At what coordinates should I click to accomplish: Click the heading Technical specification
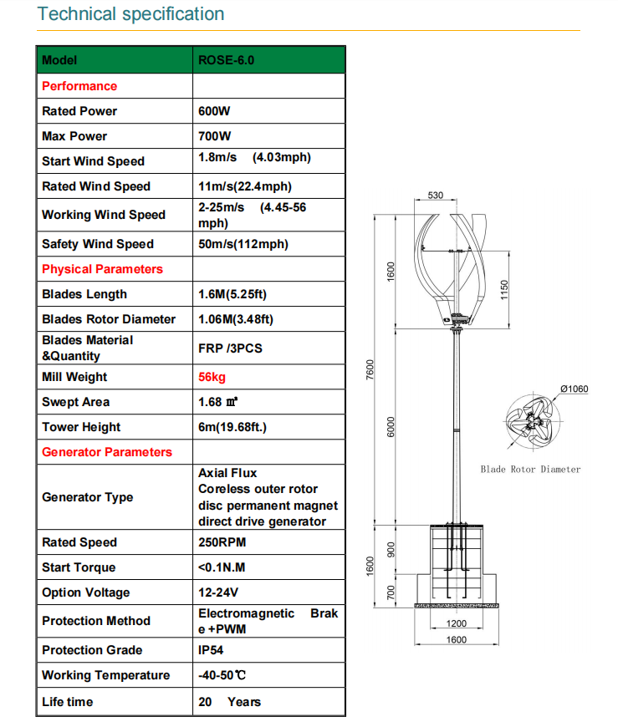[131, 14]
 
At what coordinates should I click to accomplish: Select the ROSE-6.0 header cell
[226, 60]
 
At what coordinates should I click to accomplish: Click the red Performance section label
[79, 86]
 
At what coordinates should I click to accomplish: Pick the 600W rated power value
[215, 111]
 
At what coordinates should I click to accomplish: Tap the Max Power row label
[74, 136]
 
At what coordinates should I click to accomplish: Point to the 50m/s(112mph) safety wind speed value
[243, 244]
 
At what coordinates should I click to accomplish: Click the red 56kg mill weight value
[212, 377]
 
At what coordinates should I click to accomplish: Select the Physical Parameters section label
[102, 269]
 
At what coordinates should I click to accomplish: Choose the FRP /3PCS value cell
[230, 348]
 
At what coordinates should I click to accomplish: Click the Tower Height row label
[81, 427]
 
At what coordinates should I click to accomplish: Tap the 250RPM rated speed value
[222, 542]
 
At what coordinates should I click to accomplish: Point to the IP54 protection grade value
[211, 650]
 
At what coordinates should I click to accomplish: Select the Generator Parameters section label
[107, 452]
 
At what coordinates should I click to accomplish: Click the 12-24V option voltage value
[218, 592]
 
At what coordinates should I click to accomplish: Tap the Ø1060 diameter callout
[575, 388]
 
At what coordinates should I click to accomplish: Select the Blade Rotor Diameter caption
[530, 469]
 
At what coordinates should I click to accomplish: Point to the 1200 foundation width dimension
[456, 623]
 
